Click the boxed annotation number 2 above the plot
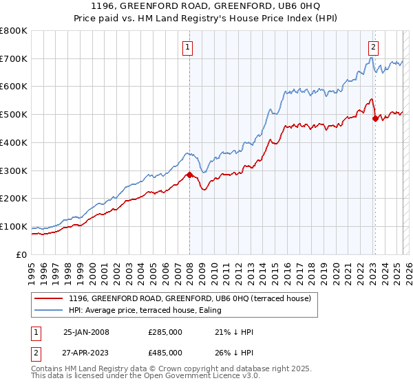coord(372,47)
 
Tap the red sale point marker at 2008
coord(189,175)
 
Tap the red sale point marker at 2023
coord(375,119)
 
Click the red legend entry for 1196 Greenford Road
coord(189,298)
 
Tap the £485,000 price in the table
coord(165,352)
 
